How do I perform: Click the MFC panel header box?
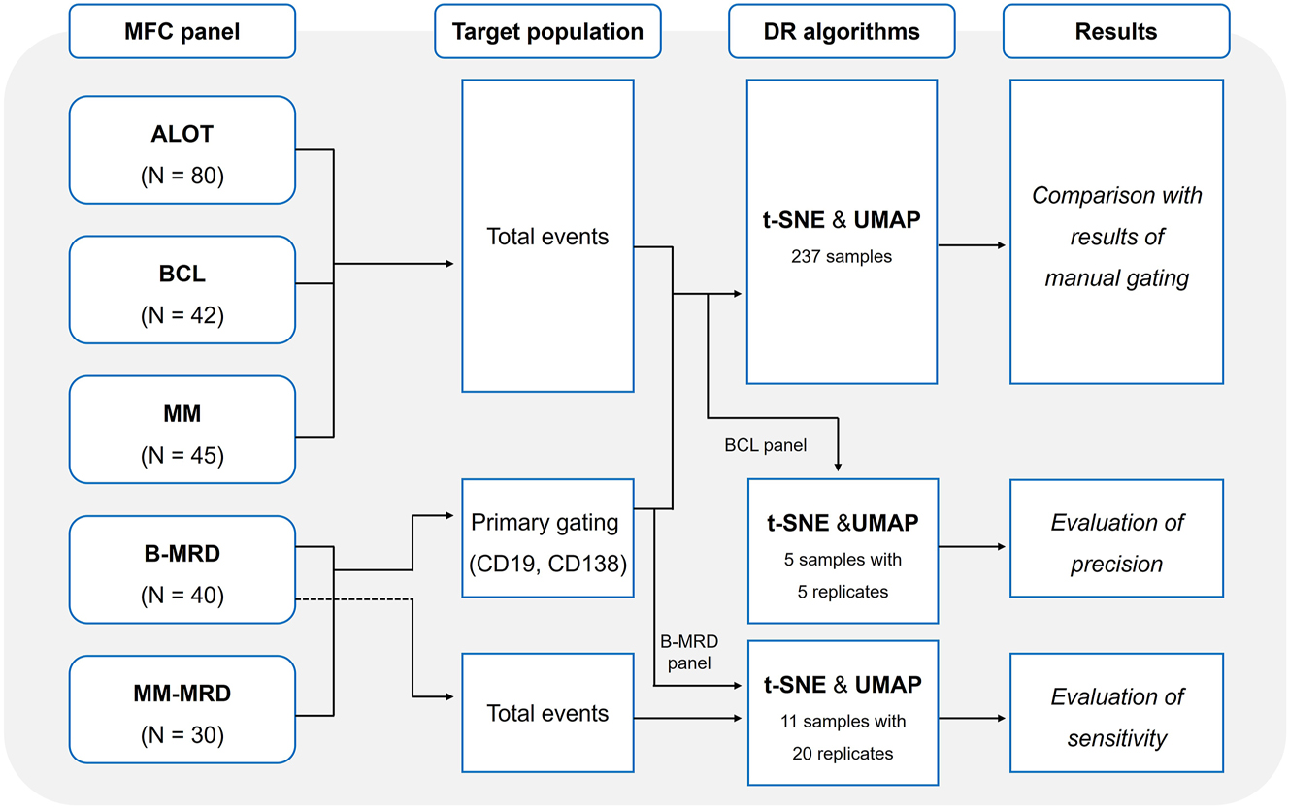(182, 31)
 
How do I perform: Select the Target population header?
(547, 31)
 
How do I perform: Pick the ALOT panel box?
(182, 149)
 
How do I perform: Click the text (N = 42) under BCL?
(182, 316)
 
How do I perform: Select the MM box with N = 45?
(182, 429)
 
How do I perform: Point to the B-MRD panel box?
(182, 568)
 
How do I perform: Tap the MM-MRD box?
(182, 708)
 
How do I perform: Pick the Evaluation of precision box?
(1115, 542)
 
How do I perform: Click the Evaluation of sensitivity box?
(1115, 717)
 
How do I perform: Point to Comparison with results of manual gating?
(1115, 236)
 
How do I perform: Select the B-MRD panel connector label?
(690, 652)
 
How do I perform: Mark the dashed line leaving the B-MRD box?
(353, 599)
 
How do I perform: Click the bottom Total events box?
(547, 713)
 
